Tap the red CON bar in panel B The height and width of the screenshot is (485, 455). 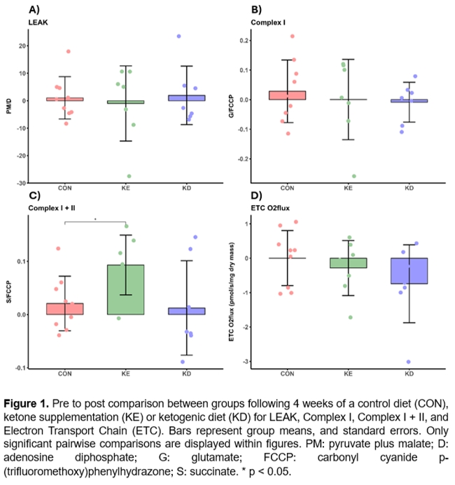[286, 95]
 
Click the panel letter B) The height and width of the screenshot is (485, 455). [256, 10]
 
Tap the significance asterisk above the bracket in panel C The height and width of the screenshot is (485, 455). [96, 219]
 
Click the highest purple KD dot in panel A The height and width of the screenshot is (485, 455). [178, 36]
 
